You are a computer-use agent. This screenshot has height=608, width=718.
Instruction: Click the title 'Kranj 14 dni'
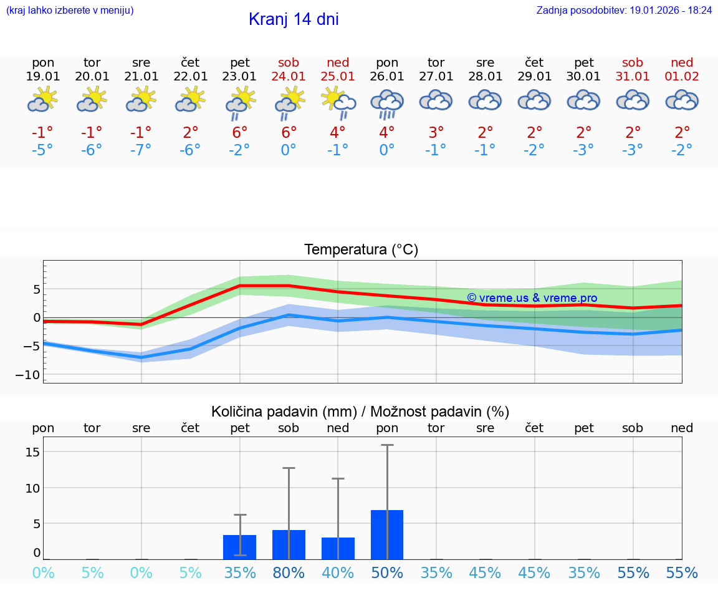[x=294, y=19]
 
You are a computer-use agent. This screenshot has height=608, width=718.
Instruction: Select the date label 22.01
[x=190, y=77]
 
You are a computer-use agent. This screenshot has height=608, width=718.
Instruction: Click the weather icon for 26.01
[x=387, y=103]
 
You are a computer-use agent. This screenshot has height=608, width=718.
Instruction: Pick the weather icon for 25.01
[x=338, y=102]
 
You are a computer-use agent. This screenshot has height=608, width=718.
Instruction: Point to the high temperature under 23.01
[x=240, y=132]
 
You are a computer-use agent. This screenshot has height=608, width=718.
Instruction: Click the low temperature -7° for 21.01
[x=141, y=150]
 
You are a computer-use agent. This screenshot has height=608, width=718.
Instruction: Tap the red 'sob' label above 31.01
[x=633, y=62]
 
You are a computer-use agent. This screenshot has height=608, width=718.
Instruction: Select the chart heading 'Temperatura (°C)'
[x=361, y=250]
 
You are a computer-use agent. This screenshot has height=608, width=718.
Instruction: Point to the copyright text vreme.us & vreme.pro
[x=532, y=298]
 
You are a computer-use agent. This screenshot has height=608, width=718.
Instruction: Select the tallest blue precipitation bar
[x=387, y=534]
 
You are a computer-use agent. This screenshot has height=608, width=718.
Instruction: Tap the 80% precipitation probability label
[x=289, y=572]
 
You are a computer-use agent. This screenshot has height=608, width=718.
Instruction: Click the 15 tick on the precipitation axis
[x=32, y=451]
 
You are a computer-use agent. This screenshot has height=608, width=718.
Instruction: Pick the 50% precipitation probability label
[x=387, y=572]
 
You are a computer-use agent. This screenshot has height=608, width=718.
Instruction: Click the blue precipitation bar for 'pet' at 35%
[x=240, y=547]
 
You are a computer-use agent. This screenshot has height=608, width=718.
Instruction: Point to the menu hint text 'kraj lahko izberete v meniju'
[x=70, y=11]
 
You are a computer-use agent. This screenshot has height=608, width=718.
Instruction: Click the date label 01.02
[x=682, y=77]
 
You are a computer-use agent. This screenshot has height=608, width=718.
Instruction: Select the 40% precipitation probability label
[x=338, y=572]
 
